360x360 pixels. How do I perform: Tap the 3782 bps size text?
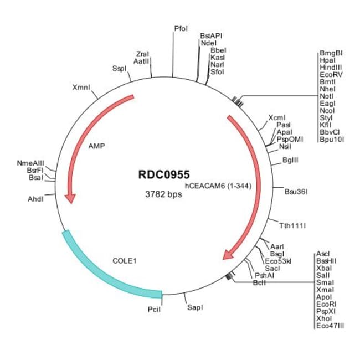pos(163,194)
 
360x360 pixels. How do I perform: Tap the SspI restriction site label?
pos(119,68)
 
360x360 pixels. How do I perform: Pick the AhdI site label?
pos(35,198)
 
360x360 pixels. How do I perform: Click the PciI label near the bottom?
pos(154,309)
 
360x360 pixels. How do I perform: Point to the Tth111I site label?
pos(292,226)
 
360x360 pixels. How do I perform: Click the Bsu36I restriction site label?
pos(296,192)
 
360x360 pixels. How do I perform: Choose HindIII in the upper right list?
pos(331,66)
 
